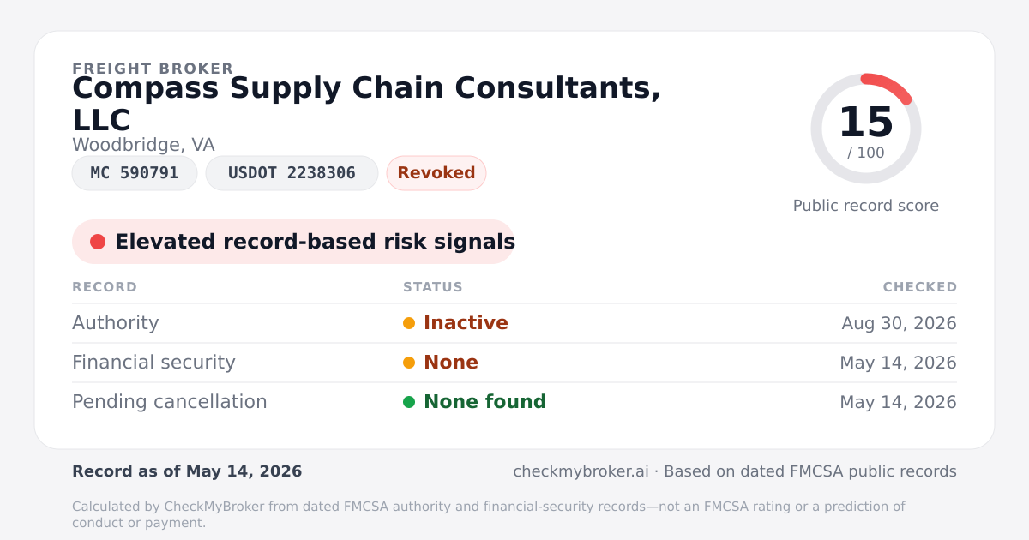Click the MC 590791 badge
click(135, 173)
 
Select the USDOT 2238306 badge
click(292, 173)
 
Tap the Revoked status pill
click(436, 173)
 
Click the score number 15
click(866, 122)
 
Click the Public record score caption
click(866, 206)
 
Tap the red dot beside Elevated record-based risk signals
click(98, 242)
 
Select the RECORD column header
click(105, 287)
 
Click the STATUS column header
click(433, 287)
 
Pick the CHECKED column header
click(919, 287)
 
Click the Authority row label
click(115, 323)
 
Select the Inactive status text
click(466, 323)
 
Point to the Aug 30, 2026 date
click(899, 323)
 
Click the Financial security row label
click(153, 363)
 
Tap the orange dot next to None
click(409, 363)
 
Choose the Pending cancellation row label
click(170, 402)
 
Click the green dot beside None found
click(409, 402)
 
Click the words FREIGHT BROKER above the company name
click(153, 69)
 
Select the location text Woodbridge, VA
click(143, 145)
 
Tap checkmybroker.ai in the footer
click(581, 471)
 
